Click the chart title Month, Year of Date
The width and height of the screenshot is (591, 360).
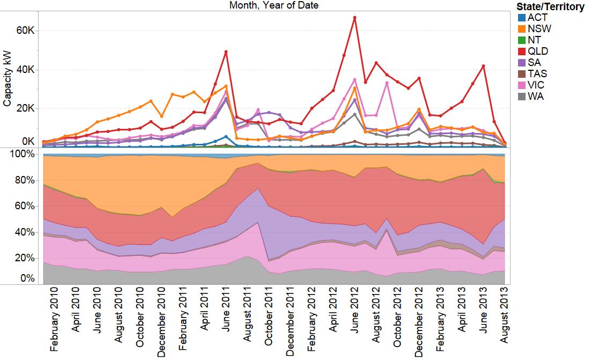274,5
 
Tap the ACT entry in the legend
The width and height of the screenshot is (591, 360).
537,17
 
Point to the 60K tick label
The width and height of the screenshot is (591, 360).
25,31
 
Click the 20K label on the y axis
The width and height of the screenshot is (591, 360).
25,108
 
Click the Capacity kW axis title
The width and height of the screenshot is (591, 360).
8,80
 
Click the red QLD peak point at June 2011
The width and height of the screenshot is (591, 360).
226,52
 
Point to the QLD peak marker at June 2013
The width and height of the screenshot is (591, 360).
484,66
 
